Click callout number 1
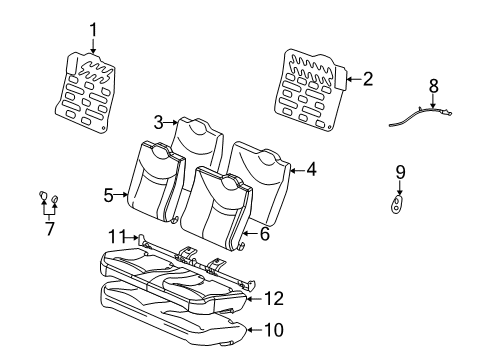[x=93, y=30]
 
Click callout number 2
[x=368, y=79]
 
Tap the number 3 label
[x=158, y=123]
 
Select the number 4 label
[x=311, y=170]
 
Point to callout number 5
[x=109, y=196]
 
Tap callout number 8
[x=433, y=86]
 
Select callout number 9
[x=400, y=173]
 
